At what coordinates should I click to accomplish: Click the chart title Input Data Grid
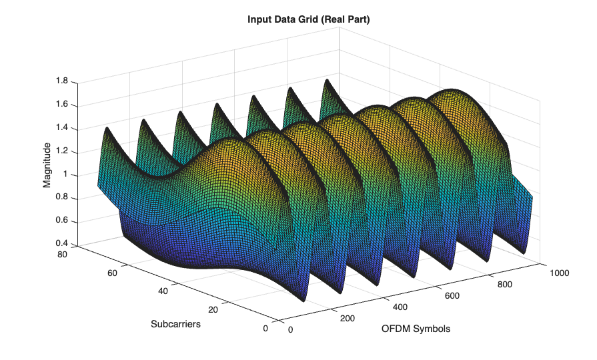coord(308,20)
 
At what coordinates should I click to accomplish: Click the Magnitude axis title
coord(47,164)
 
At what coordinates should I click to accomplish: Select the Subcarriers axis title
coord(175,324)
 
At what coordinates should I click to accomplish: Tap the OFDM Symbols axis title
coord(416,329)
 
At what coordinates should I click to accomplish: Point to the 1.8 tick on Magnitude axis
coord(62,81)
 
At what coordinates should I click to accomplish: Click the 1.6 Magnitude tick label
coord(62,105)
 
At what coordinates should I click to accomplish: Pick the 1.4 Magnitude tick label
coord(62,128)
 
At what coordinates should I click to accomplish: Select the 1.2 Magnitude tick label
coord(62,151)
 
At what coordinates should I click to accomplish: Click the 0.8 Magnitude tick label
coord(62,197)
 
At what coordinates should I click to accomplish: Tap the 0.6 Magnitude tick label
coord(62,221)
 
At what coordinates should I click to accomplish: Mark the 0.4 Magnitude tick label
coord(62,243)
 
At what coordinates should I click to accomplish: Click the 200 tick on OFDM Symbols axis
coord(347,318)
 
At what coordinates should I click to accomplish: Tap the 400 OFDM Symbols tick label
coord(398,307)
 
